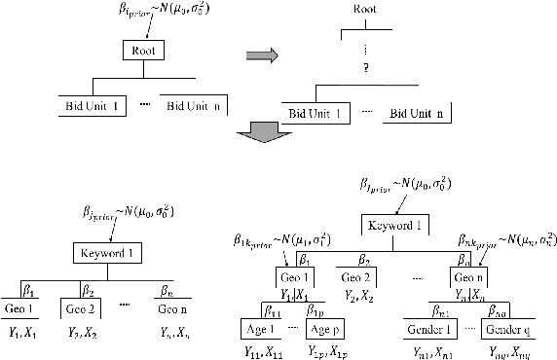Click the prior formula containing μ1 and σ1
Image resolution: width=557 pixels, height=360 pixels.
click(x=283, y=237)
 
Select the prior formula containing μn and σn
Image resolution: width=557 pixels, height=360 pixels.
click(x=505, y=237)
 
